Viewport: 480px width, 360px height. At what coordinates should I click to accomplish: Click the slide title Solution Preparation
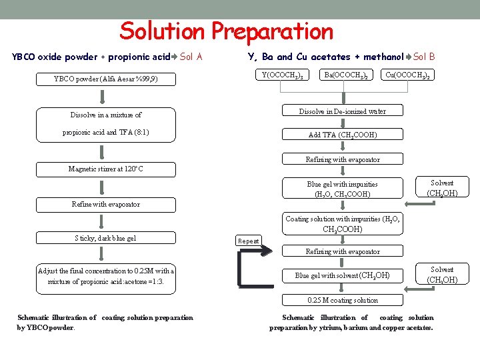[x=226, y=31]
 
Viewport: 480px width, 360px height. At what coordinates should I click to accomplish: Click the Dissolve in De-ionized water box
[x=342, y=111]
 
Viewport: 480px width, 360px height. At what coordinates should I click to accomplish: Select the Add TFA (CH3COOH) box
[x=342, y=135]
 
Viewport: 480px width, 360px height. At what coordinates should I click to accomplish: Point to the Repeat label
[x=249, y=241]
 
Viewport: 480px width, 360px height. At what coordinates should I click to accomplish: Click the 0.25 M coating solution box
[x=342, y=300]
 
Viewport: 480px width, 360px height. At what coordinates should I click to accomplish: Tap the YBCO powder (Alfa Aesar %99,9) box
[x=105, y=80]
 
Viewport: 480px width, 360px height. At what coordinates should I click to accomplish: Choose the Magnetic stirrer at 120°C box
[x=105, y=169]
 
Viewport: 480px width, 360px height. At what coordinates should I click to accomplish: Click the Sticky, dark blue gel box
[x=105, y=238]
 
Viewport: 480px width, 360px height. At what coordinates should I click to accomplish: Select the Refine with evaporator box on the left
[x=105, y=204]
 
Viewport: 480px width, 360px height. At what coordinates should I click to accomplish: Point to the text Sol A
[x=191, y=57]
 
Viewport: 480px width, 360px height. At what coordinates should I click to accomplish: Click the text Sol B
[x=424, y=57]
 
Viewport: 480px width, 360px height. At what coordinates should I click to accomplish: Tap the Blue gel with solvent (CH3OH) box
[x=342, y=275]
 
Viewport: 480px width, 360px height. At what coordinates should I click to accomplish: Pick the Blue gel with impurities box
[x=342, y=189]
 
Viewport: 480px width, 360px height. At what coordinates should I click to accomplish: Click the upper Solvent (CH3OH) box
[x=442, y=188]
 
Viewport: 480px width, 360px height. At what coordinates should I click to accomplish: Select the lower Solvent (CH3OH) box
[x=442, y=275]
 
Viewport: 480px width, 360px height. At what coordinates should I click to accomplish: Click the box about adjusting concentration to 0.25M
[x=105, y=276]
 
